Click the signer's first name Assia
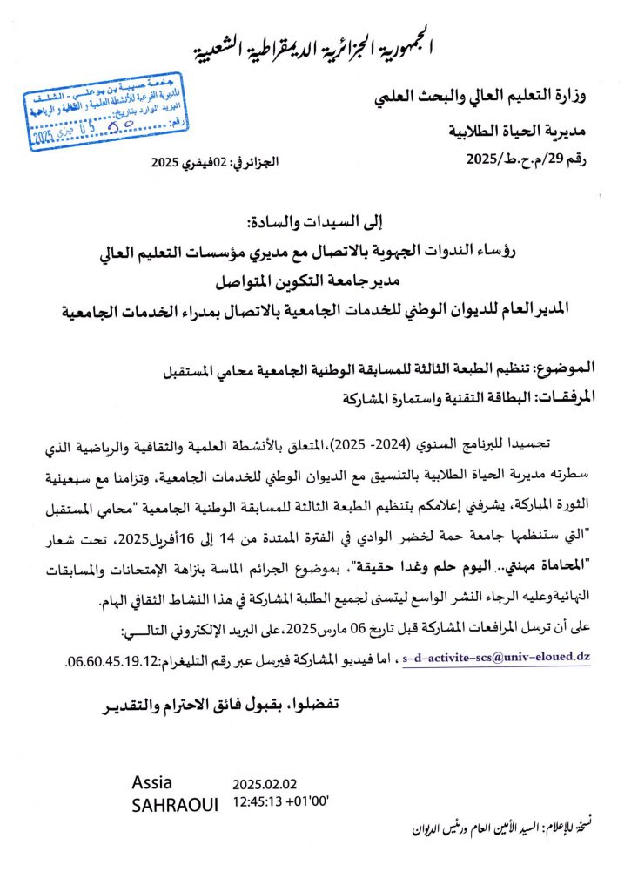[152, 780]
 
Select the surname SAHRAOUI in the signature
[175, 805]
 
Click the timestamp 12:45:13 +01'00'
[279, 802]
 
